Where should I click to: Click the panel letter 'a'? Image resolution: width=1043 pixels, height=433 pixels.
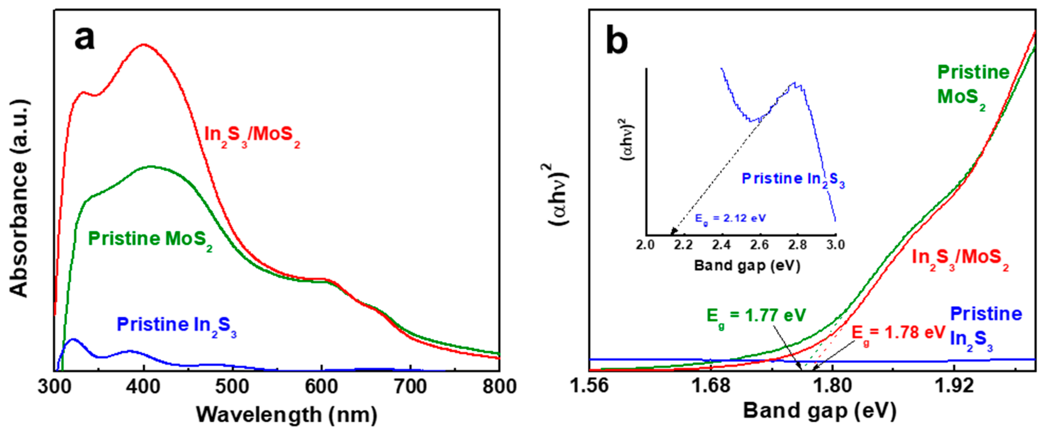(84, 38)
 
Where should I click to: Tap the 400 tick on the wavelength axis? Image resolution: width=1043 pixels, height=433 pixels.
(144, 387)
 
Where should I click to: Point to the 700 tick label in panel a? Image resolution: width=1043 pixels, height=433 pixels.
(410, 387)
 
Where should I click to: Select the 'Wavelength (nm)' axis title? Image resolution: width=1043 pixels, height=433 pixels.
(287, 415)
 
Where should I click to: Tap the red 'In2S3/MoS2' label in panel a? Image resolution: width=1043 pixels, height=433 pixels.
(252, 135)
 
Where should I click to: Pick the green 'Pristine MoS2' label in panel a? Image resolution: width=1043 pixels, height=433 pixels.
(150, 240)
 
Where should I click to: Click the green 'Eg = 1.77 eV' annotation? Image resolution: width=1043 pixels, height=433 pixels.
(756, 317)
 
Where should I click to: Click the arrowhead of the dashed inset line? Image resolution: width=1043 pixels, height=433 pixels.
(673, 231)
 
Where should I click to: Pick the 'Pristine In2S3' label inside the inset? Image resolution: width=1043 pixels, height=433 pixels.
(793, 180)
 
